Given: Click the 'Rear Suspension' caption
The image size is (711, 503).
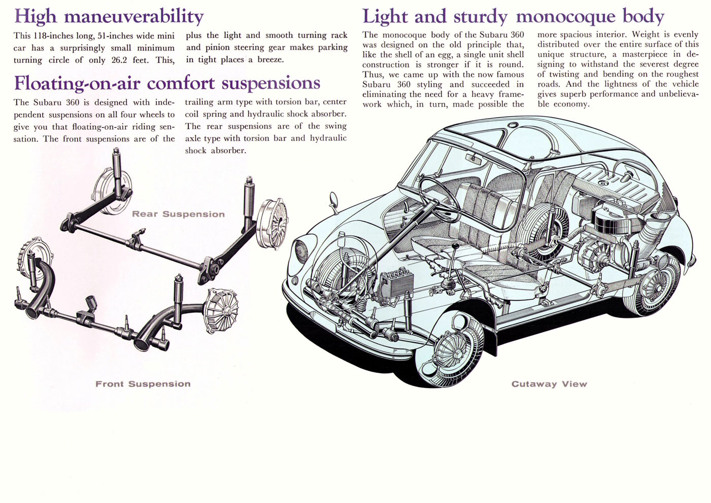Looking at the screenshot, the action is click(x=178, y=214).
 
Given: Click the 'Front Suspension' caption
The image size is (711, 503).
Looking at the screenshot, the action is click(x=143, y=384).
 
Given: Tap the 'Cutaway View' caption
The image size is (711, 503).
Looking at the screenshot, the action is click(x=549, y=384).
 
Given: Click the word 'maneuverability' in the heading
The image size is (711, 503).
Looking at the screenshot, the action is click(x=133, y=17).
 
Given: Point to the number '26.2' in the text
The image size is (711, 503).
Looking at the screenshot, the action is click(x=119, y=60).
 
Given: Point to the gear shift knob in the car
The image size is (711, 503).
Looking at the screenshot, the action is click(x=456, y=246).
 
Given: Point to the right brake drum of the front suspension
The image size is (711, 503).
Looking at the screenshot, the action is click(x=221, y=310).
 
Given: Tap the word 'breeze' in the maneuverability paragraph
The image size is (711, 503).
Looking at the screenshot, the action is click(x=270, y=60).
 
